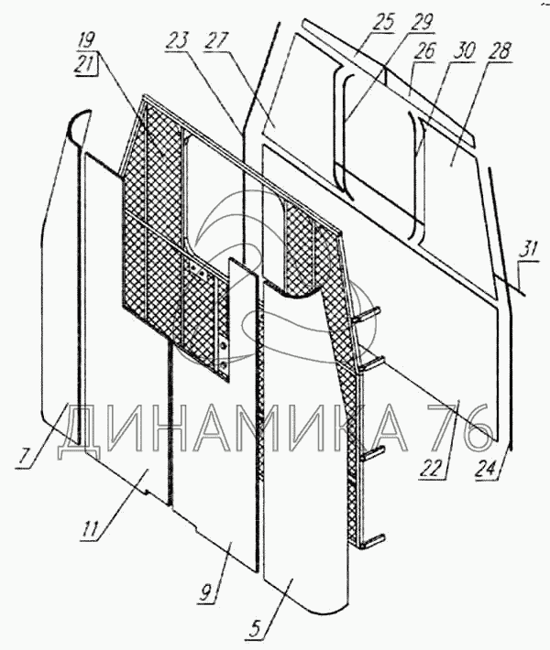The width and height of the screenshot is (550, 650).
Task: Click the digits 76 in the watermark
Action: pyautogui.click(x=461, y=428)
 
